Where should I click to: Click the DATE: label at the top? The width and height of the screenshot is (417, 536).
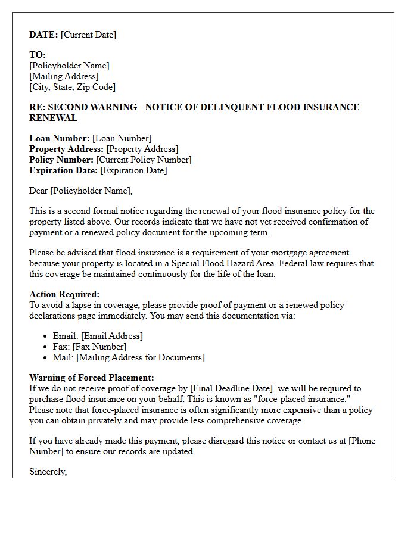(x=43, y=35)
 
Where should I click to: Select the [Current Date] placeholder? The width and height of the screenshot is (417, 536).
(x=88, y=35)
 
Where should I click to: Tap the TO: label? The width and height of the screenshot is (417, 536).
(x=38, y=55)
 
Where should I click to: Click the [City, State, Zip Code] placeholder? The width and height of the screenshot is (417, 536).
(x=72, y=87)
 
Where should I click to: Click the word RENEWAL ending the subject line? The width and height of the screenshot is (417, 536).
(x=53, y=118)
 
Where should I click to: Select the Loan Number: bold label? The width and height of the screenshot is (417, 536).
(x=60, y=138)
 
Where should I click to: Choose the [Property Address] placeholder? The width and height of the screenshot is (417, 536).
(x=142, y=149)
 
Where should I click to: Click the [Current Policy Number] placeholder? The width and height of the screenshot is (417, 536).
(x=144, y=160)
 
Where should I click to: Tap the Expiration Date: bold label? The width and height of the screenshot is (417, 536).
(x=63, y=170)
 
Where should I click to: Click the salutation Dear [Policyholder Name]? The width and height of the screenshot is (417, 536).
(x=81, y=191)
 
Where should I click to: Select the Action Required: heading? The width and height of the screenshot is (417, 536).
(x=64, y=294)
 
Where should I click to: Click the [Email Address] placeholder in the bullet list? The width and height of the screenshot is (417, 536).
(x=112, y=336)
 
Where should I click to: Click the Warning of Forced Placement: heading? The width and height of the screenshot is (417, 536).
(x=91, y=378)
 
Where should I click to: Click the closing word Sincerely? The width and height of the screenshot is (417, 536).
(x=48, y=472)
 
